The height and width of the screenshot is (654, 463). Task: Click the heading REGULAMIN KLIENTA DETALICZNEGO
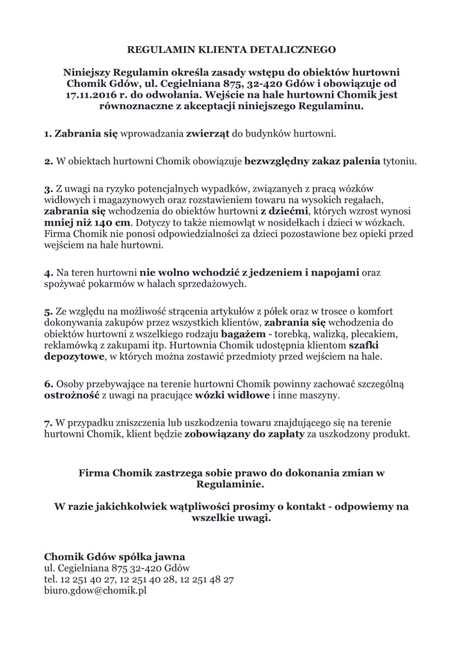tap(231, 49)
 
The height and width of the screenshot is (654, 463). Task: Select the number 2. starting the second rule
tap(49, 162)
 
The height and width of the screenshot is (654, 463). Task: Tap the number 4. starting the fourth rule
tap(49, 272)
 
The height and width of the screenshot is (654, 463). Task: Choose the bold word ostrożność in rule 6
tap(71, 395)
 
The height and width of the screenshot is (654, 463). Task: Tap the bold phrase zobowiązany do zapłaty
tap(239, 434)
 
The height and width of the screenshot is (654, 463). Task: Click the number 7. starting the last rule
tap(49, 423)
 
